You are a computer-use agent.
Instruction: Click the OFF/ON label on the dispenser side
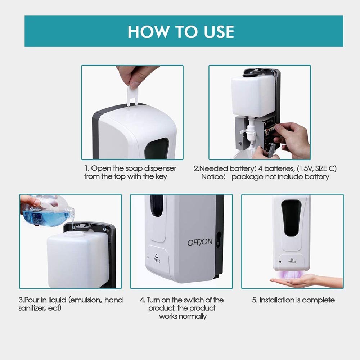(x=200, y=242)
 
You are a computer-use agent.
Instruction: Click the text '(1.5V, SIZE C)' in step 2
(x=316, y=168)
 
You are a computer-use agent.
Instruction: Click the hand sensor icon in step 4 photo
(x=157, y=258)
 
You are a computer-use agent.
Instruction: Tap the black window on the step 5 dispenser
(x=291, y=218)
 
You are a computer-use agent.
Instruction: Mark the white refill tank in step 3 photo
(x=78, y=260)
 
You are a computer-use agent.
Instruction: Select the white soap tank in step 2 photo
(x=253, y=95)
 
